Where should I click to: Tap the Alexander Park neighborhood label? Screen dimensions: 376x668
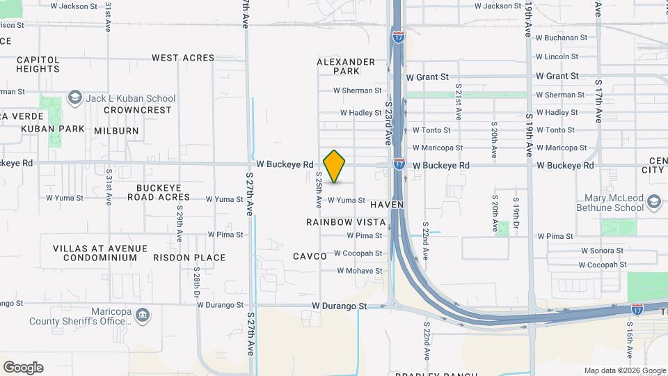click(346, 66)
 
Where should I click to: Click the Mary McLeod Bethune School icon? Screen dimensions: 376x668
click(653, 202)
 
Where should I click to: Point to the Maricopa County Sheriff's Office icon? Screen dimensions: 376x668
click(143, 316)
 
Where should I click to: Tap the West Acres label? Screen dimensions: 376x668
click(183, 58)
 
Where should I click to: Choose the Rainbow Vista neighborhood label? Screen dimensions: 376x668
click(346, 221)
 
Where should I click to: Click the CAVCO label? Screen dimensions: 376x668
click(310, 256)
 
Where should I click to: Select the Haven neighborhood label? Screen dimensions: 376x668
click(388, 205)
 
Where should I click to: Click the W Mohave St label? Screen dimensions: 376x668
click(360, 271)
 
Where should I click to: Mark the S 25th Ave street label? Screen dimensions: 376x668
click(319, 190)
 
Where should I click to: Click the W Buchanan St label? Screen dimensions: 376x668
click(562, 38)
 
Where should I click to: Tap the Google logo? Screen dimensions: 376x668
click(23, 368)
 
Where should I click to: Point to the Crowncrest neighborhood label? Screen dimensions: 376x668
click(138, 110)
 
